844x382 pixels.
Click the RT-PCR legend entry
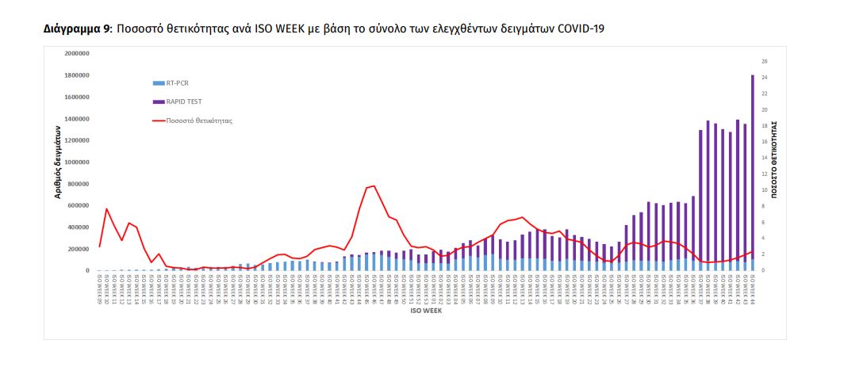click(x=177, y=82)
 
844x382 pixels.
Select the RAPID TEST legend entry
click(x=182, y=101)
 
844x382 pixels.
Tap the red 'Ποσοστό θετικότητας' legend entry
click(x=198, y=121)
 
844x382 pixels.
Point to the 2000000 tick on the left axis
click(x=77, y=54)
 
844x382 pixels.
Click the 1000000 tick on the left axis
click(x=77, y=162)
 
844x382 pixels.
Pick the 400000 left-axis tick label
click(x=79, y=227)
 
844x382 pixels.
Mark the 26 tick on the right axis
click(x=764, y=61)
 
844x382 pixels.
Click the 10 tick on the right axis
click(x=764, y=190)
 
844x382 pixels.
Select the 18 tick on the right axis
click(x=764, y=126)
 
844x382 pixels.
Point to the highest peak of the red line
click(x=374, y=186)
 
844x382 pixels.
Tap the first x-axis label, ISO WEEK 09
click(x=99, y=288)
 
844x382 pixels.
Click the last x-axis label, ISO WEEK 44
click(x=752, y=288)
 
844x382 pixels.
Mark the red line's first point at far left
click(x=99, y=246)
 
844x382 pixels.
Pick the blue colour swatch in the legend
click(x=158, y=82)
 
